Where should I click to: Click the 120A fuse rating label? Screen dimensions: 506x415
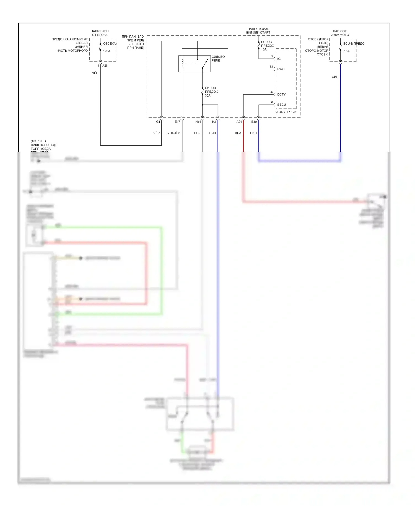pyautogui.click(x=107, y=51)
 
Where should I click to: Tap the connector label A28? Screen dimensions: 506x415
pyautogui.click(x=105, y=66)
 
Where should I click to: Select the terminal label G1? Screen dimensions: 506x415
pyautogui.click(x=158, y=122)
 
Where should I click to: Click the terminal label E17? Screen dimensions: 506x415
pyautogui.click(x=177, y=122)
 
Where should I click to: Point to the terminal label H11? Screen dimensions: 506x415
pyautogui.click(x=198, y=122)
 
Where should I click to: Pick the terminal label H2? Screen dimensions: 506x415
pyautogui.click(x=214, y=122)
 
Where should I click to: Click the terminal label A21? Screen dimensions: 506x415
pyautogui.click(x=239, y=122)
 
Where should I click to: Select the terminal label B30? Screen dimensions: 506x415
pyautogui.click(x=254, y=122)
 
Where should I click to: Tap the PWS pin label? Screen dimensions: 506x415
pyautogui.click(x=281, y=69)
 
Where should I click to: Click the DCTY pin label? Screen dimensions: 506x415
pyautogui.click(x=281, y=95)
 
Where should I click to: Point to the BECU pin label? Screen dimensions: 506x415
pyautogui.click(x=281, y=105)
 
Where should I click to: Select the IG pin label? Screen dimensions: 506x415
pyautogui.click(x=279, y=59)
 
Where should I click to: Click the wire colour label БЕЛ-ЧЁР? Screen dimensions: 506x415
pyautogui.click(x=173, y=133)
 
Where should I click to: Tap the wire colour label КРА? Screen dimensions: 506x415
pyautogui.click(x=238, y=133)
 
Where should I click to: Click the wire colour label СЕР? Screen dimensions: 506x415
pyautogui.click(x=197, y=133)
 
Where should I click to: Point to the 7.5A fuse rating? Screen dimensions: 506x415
pyautogui.click(x=346, y=51)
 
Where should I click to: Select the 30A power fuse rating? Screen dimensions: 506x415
pyautogui.click(x=207, y=95)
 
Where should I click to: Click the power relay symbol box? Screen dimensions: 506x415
pyautogui.click(x=194, y=64)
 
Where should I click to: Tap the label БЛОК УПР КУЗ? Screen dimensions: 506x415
pyautogui.click(x=285, y=112)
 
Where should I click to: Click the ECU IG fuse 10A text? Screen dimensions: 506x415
pyautogui.click(x=264, y=50)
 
